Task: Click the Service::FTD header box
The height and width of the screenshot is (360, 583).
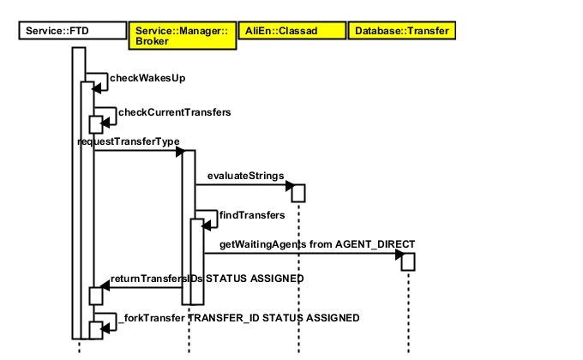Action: tap(71, 32)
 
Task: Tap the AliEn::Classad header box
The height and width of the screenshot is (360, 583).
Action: tap(290, 32)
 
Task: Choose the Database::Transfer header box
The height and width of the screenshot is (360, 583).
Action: tap(400, 32)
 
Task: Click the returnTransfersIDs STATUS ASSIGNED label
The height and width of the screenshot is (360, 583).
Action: tap(207, 279)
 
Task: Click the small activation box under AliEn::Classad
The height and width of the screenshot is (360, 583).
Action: tap(298, 192)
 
